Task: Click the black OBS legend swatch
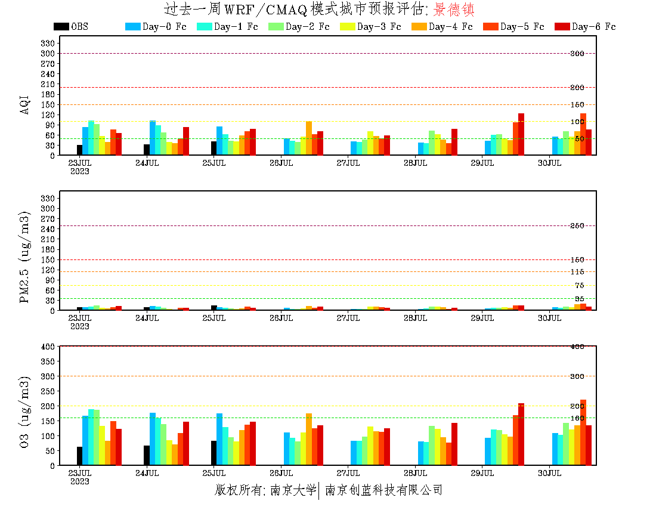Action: click(61, 26)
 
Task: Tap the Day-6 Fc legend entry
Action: click(593, 27)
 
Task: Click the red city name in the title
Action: click(454, 10)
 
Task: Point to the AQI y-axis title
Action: click(24, 103)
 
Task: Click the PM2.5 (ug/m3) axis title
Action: click(24, 257)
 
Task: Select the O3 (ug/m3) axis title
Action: click(24, 412)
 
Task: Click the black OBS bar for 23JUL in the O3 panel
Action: click(79, 456)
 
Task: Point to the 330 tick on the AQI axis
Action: click(48, 44)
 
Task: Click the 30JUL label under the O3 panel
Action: click(550, 474)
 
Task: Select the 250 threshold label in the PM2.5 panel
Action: click(577, 226)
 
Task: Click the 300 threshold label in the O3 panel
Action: click(577, 376)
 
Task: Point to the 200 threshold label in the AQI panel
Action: click(577, 88)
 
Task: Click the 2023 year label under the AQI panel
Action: click(80, 171)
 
